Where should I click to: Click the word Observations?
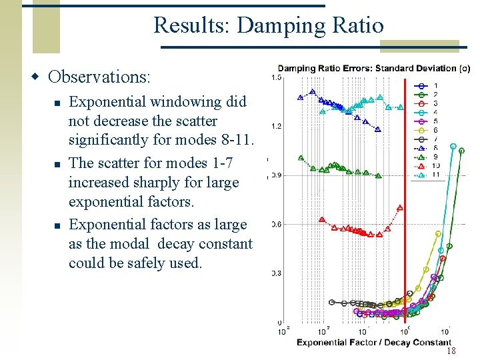pyautogui.click(x=99, y=77)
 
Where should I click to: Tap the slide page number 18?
pyautogui.click(x=451, y=351)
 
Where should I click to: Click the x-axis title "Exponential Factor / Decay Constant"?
pyautogui.click(x=374, y=343)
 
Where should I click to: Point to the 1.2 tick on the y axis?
pyautogui.click(x=275, y=126)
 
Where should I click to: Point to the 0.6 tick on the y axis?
pyautogui.click(x=275, y=224)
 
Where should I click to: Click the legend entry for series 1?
pyautogui.click(x=427, y=85)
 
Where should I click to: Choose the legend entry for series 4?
pyautogui.click(x=427, y=112)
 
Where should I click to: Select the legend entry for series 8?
pyautogui.click(x=427, y=148)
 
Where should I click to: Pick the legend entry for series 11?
pyautogui.click(x=427, y=175)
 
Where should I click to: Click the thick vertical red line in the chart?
pyautogui.click(x=405, y=200)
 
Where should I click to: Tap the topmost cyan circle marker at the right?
pyautogui.click(x=453, y=146)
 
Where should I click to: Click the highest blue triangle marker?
pyautogui.click(x=311, y=92)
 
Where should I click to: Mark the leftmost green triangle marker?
pyautogui.click(x=300, y=159)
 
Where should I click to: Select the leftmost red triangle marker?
pyautogui.click(x=322, y=219)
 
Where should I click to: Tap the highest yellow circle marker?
pyautogui.click(x=438, y=234)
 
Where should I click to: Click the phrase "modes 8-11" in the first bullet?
pyautogui.click(x=217, y=140)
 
